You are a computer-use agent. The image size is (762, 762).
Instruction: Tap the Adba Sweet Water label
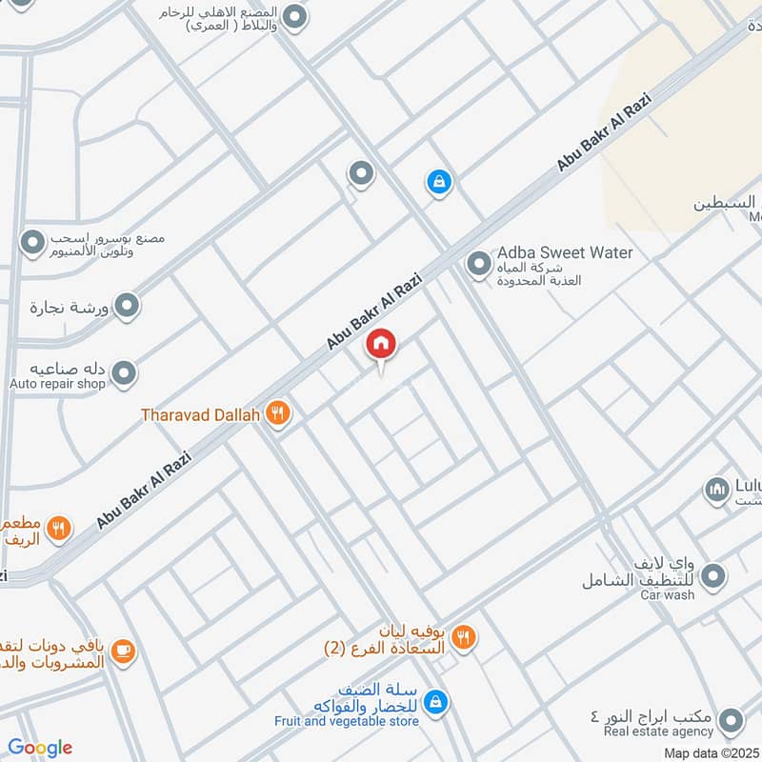tap(565, 253)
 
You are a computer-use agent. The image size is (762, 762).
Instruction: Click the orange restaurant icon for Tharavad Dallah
tap(277, 413)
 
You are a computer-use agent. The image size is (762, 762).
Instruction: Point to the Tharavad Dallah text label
tap(200, 415)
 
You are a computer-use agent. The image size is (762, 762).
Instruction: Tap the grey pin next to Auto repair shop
tap(124, 374)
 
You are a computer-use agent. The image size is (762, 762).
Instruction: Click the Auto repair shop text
tap(56, 384)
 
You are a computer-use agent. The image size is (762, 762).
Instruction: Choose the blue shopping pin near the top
tap(438, 182)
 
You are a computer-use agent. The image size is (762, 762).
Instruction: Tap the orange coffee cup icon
tap(122, 651)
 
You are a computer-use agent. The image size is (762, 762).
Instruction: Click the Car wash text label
tap(667, 595)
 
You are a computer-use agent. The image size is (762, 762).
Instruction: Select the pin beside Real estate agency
tap(732, 720)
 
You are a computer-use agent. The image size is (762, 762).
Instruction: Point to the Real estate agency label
tap(658, 732)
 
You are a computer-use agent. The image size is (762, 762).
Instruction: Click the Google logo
tap(40, 748)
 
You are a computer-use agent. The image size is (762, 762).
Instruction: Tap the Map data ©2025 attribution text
tap(712, 753)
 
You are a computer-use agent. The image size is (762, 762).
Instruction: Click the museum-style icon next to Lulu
tap(716, 491)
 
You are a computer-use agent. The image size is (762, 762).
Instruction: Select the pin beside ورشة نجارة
tap(128, 306)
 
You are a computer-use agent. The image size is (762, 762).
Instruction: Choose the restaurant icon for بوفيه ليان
tap(463, 637)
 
